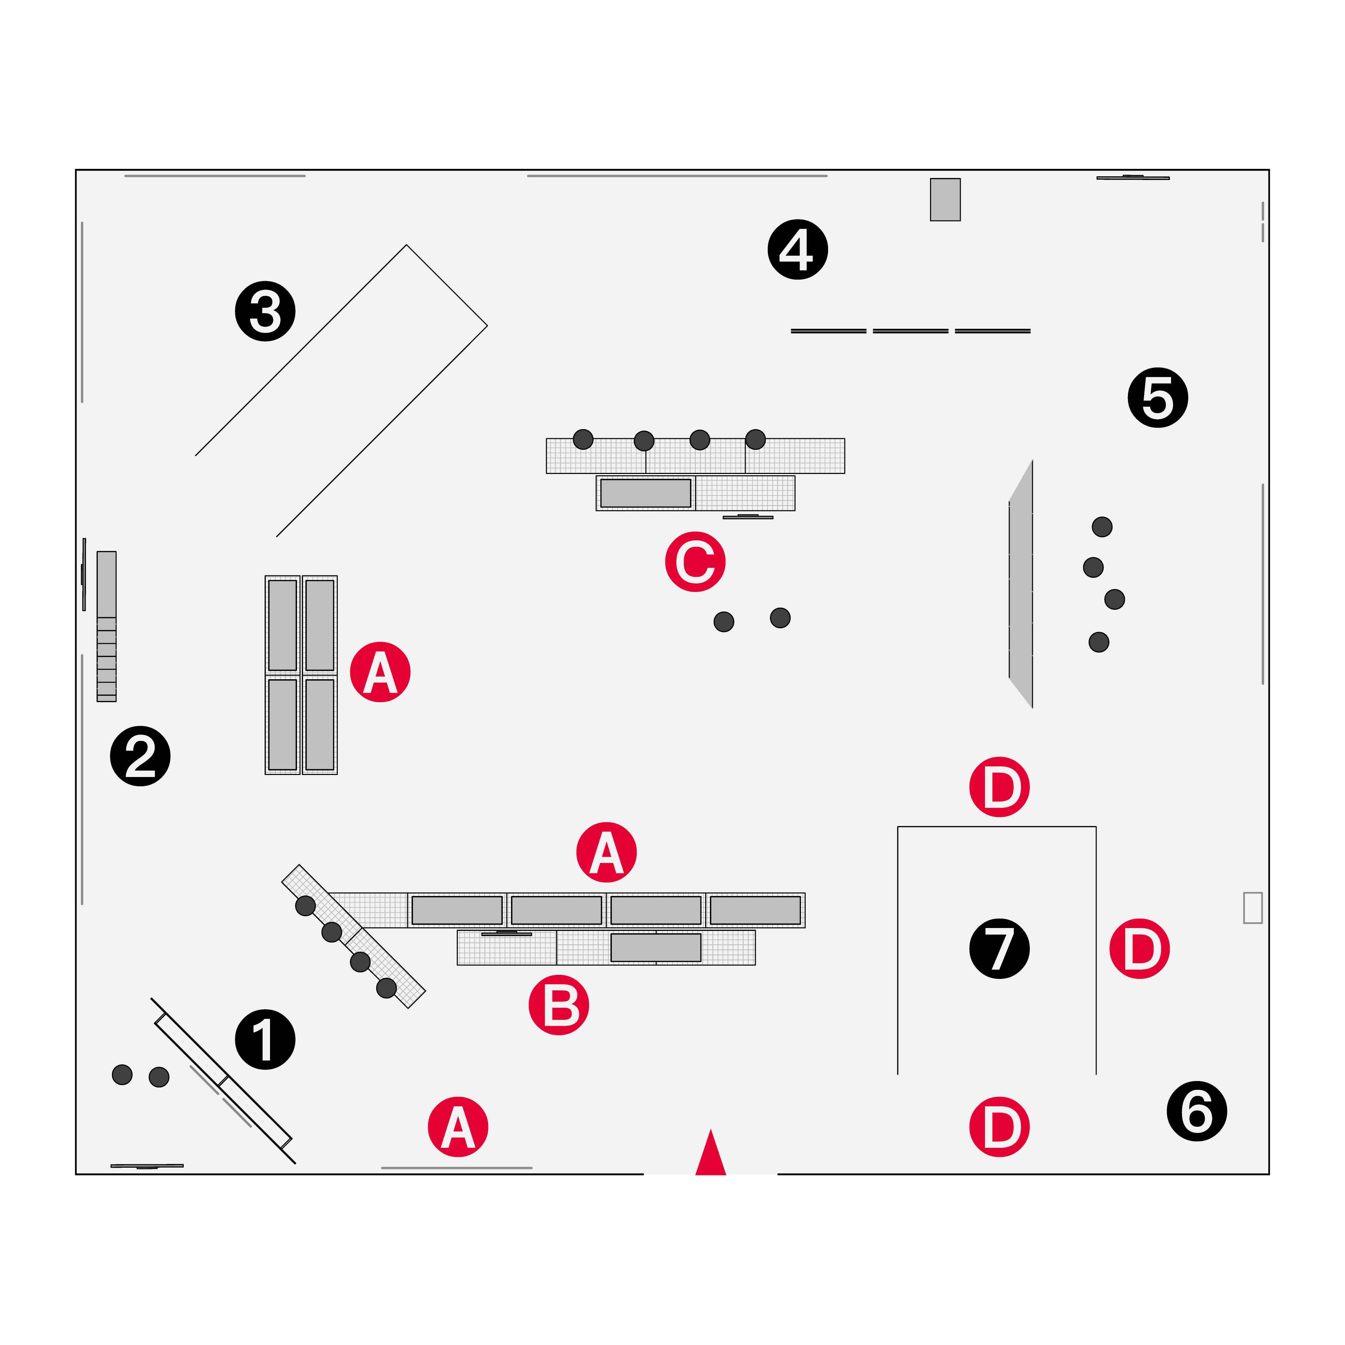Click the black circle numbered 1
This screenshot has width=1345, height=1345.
(x=265, y=1039)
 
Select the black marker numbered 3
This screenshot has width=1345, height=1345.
(x=265, y=311)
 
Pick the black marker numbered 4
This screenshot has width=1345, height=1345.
(x=798, y=249)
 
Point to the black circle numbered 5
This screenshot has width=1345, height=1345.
(x=1158, y=397)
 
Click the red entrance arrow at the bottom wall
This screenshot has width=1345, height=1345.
(x=711, y=1152)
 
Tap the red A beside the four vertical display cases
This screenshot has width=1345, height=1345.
(x=380, y=672)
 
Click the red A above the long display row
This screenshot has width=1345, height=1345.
(x=606, y=852)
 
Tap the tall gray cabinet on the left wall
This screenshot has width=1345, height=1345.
(x=107, y=627)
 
